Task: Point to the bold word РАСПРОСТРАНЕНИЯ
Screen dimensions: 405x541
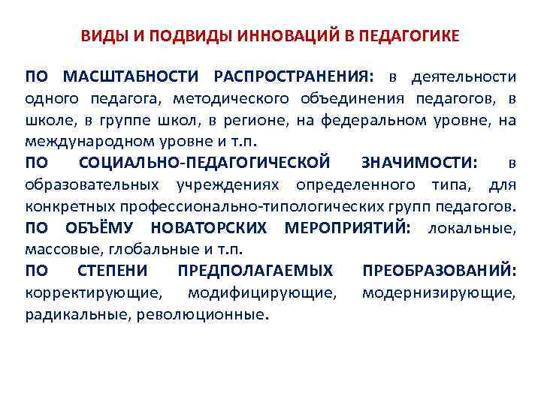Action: click(x=293, y=77)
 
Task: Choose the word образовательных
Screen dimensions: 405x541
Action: click(x=91, y=184)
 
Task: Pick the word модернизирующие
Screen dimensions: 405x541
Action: click(x=439, y=292)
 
